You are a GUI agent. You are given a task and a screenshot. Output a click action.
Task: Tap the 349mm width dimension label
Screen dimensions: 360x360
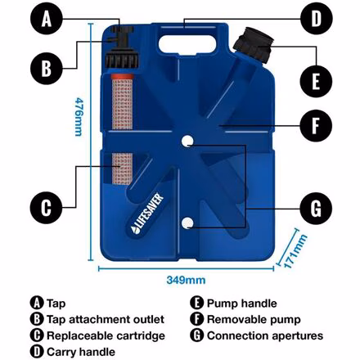pos(187,279)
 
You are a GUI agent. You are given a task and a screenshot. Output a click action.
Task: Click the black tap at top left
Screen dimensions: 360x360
pos(122,37)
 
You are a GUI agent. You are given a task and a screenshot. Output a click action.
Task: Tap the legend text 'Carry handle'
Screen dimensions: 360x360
pos(81,352)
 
